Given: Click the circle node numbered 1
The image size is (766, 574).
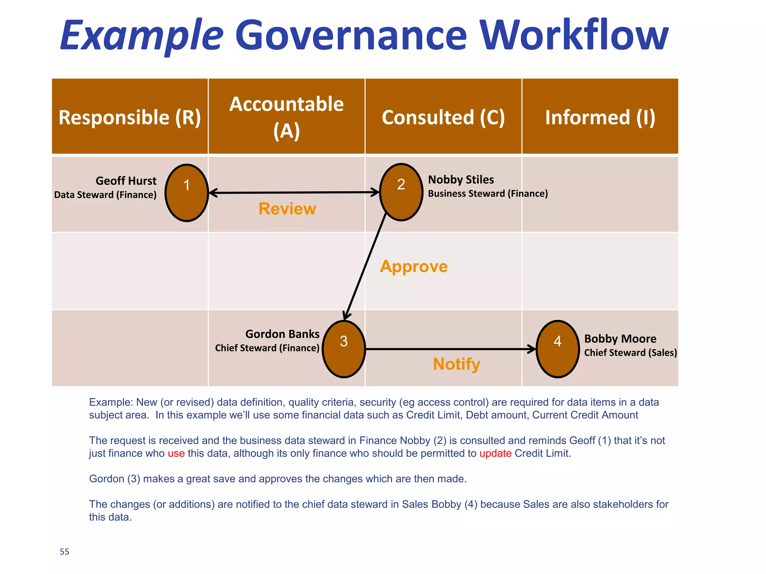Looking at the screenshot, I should (x=187, y=193).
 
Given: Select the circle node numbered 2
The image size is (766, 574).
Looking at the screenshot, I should (x=401, y=192).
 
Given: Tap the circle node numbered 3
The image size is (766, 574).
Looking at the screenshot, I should (x=344, y=349).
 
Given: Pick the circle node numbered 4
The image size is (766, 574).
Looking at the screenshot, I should (x=558, y=349).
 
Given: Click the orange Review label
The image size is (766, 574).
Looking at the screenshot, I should (x=287, y=209).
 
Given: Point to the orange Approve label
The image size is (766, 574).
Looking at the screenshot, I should (x=414, y=266).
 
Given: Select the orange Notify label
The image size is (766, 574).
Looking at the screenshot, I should (x=456, y=364).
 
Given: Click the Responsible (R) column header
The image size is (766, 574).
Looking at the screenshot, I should (x=130, y=117).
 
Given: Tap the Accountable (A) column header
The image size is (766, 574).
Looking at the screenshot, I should (x=287, y=117).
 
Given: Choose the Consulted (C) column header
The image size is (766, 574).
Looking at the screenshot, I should (x=443, y=117).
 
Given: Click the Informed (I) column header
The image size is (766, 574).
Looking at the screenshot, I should (x=600, y=117).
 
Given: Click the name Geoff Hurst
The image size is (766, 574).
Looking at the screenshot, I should (x=126, y=181).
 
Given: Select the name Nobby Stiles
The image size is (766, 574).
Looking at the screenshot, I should (x=461, y=180).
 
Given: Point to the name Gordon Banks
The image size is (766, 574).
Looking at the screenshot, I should (x=282, y=334).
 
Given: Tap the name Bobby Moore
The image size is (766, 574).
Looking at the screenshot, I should (x=620, y=339).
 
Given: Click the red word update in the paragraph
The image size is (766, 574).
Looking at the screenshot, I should (x=495, y=453).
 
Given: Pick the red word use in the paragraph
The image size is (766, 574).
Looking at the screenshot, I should (x=176, y=454).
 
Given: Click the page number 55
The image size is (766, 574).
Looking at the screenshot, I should (x=64, y=552).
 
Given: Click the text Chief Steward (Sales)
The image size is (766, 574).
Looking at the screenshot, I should (x=631, y=352).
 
